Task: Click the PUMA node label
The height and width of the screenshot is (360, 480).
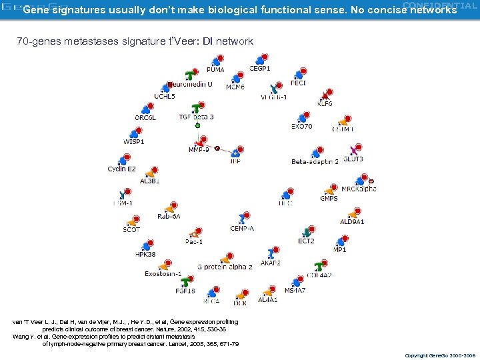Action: [x=215, y=69]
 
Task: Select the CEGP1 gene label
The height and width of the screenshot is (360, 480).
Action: [x=260, y=68]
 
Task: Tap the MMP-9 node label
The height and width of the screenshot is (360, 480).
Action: [x=199, y=150]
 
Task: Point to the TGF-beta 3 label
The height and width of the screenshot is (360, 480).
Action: [x=196, y=117]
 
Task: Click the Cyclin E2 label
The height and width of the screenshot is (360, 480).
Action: [x=121, y=169]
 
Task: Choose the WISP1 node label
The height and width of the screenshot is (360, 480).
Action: [x=134, y=141]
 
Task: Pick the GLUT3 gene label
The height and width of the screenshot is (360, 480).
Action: [x=353, y=159]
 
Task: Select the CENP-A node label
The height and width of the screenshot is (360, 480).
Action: [x=242, y=228]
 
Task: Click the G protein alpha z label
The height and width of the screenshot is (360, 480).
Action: [x=225, y=267]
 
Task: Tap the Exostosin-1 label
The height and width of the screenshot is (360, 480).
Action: [x=163, y=273]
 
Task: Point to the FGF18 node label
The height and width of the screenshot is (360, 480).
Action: [x=185, y=291]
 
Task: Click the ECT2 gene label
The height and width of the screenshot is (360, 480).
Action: [x=306, y=241]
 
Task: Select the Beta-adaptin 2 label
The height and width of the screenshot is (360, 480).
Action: [x=315, y=162]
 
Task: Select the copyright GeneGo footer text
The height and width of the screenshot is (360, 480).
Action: [x=441, y=355]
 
